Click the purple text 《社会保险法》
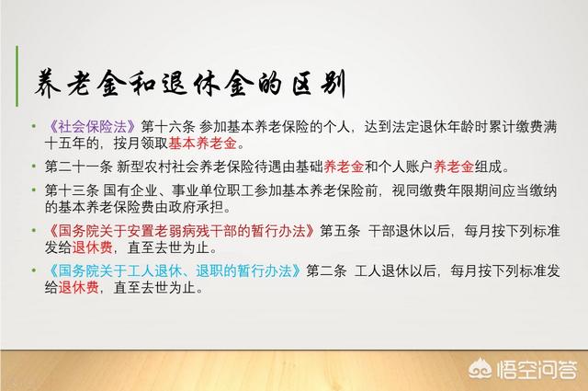pyautogui.click(x=92, y=127)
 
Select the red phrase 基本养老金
pyautogui.click(x=202, y=144)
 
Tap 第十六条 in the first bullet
pyautogui.click(x=168, y=127)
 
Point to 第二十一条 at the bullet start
pyautogui.click(x=79, y=167)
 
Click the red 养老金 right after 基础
pyautogui.click(x=344, y=167)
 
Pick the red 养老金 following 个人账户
pyautogui.click(x=454, y=167)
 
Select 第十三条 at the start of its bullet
pyautogui.click(x=72, y=190)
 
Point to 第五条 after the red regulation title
pyautogui.click(x=340, y=231)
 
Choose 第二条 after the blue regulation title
pyautogui.click(x=326, y=270)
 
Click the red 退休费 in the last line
pyautogui.click(x=79, y=287)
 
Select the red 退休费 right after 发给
pyautogui.click(x=92, y=247)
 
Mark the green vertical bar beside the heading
pyautogui.click(x=17, y=75)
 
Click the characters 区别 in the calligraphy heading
pyautogui.click(x=319, y=84)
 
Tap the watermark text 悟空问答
pyautogui.click(x=537, y=369)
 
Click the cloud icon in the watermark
pyautogui.click(x=481, y=368)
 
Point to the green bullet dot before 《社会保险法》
pyautogui.click(x=34, y=126)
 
